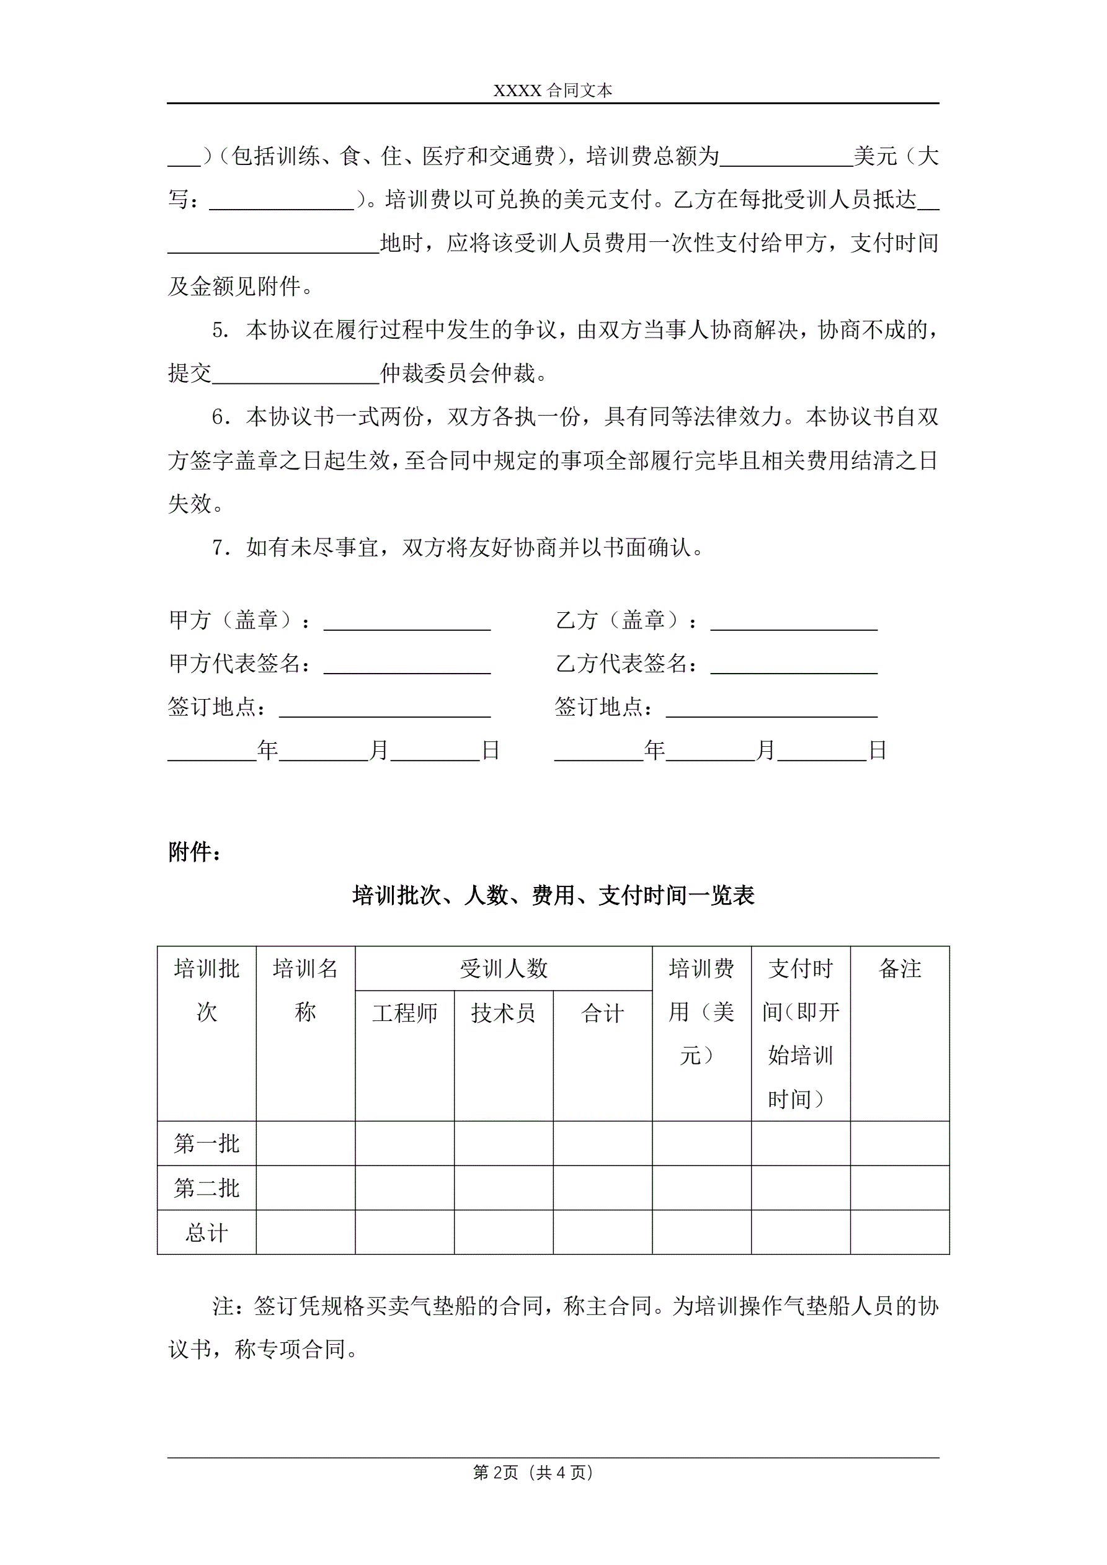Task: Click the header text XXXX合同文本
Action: point(553,91)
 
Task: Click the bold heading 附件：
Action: point(195,852)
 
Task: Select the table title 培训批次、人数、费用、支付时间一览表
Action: point(553,896)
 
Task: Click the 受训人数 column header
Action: point(503,968)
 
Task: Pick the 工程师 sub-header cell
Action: point(404,1013)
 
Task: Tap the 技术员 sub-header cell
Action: point(503,1013)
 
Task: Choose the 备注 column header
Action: point(899,968)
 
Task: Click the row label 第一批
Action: point(207,1143)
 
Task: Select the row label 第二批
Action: point(207,1188)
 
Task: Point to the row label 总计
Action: point(207,1233)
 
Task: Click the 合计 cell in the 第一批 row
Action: point(603,1143)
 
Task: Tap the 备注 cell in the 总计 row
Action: point(899,1233)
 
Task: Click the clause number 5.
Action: point(221,331)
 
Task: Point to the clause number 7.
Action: point(221,548)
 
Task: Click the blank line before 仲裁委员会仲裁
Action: point(295,374)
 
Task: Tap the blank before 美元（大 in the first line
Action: point(786,158)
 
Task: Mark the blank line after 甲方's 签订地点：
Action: point(385,709)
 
